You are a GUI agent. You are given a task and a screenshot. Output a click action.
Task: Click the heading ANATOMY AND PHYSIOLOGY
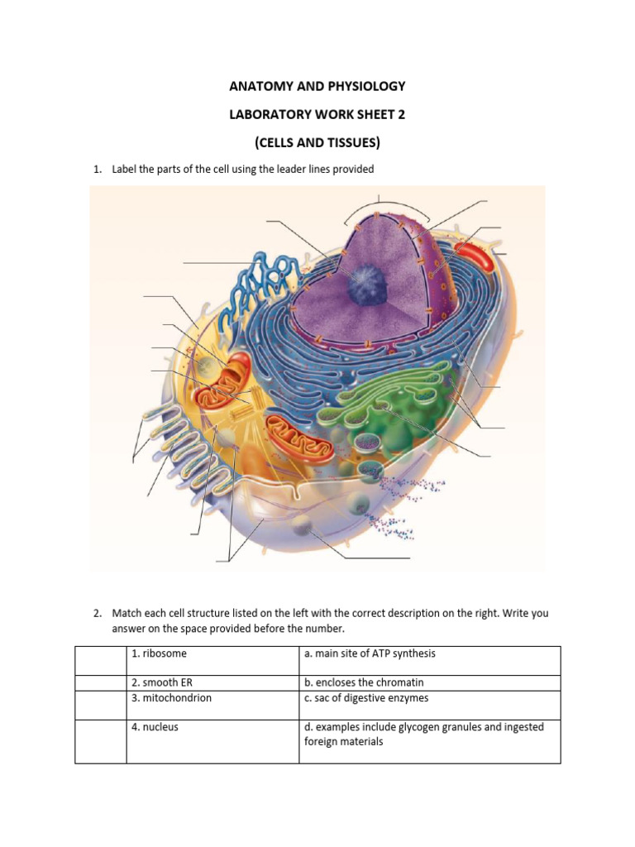[x=317, y=86]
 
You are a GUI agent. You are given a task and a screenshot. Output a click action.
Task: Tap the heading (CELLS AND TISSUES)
[x=317, y=142]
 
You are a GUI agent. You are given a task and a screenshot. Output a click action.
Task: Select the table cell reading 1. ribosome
[x=159, y=653]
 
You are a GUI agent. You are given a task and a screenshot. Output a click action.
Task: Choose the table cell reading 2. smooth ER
[x=163, y=683]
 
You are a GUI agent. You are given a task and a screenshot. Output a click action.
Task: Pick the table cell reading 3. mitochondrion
[x=171, y=698]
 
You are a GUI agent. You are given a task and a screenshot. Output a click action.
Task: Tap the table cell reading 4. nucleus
[x=155, y=727]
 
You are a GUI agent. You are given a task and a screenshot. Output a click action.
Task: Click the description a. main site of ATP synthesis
[x=370, y=653]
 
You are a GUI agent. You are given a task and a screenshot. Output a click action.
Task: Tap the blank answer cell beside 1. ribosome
[x=100, y=660]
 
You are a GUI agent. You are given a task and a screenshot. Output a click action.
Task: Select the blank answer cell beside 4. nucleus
[x=100, y=740]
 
